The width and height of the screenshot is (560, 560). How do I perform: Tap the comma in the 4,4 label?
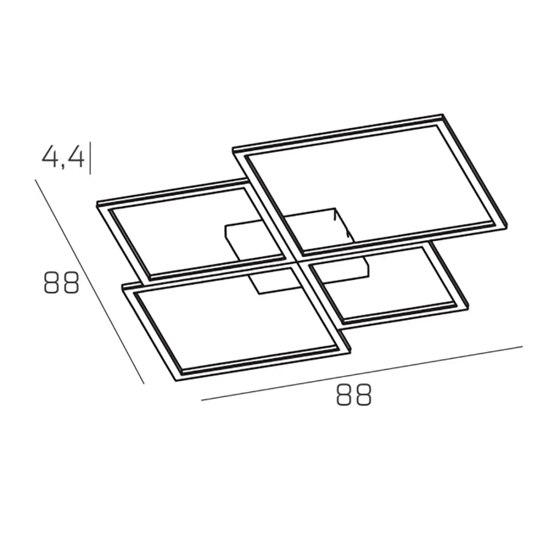tap(63, 166)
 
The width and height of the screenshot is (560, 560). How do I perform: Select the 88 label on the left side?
tap(61, 283)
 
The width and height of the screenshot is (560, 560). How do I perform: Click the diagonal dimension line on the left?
tap(90, 281)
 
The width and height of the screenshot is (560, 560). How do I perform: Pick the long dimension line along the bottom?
tap(362, 373)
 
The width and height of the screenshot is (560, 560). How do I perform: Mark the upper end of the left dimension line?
tap(35, 179)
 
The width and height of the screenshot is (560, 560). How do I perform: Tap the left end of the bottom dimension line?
tap(202, 401)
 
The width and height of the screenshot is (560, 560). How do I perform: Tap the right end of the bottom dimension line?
tap(522, 347)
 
